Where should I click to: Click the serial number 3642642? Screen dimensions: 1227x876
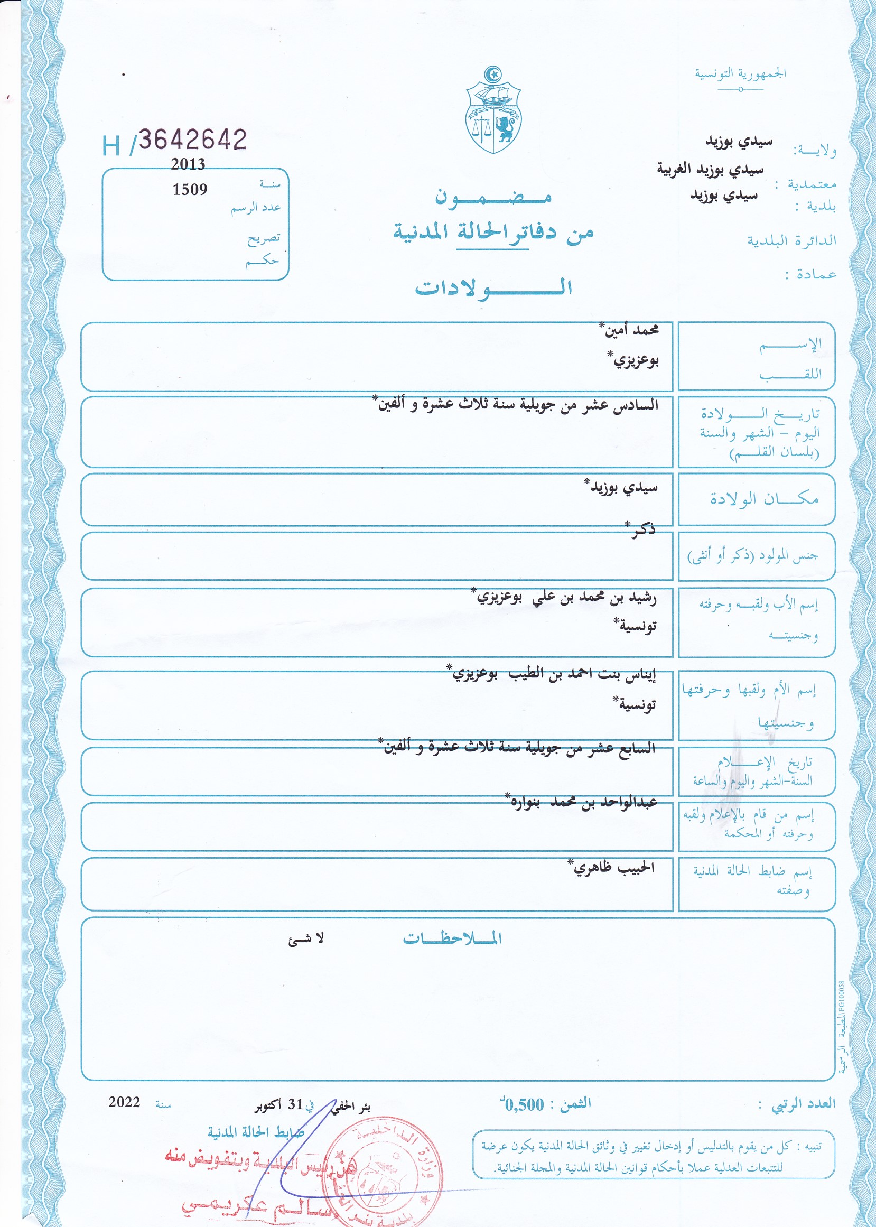pos(192,140)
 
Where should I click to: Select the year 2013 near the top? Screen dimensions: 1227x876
pos(188,164)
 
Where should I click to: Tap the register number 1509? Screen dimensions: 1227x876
pos(190,189)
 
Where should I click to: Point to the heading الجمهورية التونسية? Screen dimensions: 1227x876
pos(740,73)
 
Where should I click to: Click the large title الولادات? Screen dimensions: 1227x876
pos(493,287)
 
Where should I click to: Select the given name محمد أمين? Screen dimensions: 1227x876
pos(629,330)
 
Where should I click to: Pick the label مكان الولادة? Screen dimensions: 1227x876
pos(764,499)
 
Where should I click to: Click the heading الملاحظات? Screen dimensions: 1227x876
pos(452,938)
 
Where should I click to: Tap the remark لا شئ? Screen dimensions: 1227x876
pos(306,939)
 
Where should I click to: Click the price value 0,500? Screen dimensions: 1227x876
pos(523,1105)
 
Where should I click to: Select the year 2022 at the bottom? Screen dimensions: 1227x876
pos(124,1102)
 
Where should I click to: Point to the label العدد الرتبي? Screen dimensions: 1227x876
pos(803,1103)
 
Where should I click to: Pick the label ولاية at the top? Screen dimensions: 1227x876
pos(815,151)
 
